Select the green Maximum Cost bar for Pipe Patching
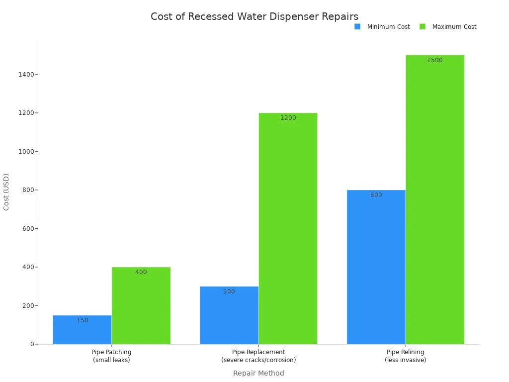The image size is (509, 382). click(141, 305)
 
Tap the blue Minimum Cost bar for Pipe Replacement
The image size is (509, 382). click(229, 315)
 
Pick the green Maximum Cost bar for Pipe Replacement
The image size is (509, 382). click(288, 228)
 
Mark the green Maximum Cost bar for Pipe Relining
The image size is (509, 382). click(435, 199)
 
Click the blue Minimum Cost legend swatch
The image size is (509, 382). click(357, 27)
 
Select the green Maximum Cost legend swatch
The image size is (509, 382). click(423, 27)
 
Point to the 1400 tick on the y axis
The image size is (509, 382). click(26, 75)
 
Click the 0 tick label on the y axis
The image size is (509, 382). click(31, 344)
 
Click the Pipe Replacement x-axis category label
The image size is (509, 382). click(258, 356)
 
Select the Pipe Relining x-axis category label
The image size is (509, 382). click(405, 356)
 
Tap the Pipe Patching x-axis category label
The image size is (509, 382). click(111, 356)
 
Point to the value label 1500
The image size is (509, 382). click(434, 60)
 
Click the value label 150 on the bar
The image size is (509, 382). click(82, 320)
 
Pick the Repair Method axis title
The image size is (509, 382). click(258, 373)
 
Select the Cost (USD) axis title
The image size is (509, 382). click(6, 192)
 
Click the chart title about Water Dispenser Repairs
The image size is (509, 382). click(254, 16)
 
